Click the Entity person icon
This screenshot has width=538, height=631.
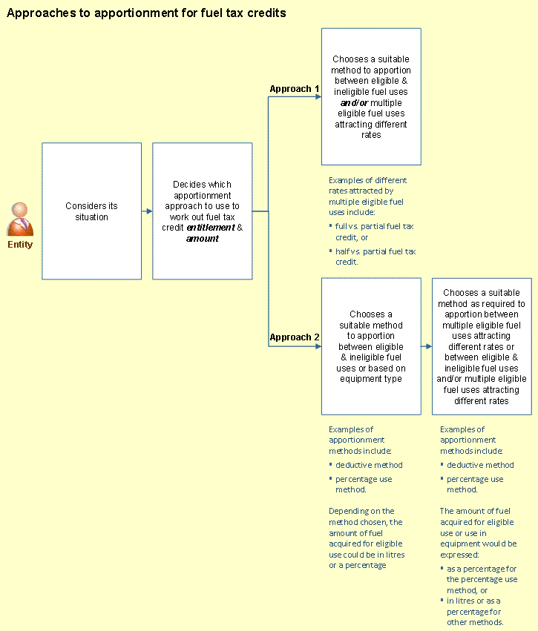tap(20, 219)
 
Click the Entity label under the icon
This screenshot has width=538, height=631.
tap(20, 244)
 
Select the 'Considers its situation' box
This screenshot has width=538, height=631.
tap(92, 211)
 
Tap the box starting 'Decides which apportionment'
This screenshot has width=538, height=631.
tap(203, 211)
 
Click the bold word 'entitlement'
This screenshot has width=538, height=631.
tap(211, 228)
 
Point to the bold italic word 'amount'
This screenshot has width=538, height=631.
tap(203, 238)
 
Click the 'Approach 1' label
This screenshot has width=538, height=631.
tap(295, 88)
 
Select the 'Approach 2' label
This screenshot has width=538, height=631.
tap(295, 337)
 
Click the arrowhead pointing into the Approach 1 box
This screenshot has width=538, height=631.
tap(318, 96)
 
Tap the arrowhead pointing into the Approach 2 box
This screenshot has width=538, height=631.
tap(318, 346)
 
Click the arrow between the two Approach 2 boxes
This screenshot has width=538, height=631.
tap(427, 346)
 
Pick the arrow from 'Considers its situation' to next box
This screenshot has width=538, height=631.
tap(147, 211)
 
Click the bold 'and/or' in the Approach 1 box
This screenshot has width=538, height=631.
tap(355, 102)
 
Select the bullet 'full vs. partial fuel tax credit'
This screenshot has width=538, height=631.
tap(372, 232)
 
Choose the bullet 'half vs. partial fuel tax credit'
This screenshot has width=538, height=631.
tap(373, 257)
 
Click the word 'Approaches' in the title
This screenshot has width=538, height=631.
tap(42, 13)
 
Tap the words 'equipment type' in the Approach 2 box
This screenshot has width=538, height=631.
tap(371, 379)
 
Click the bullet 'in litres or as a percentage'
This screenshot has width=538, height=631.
tap(471, 611)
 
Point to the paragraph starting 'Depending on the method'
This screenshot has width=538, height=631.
tap(367, 538)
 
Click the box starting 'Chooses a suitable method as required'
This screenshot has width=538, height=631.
tap(482, 346)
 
